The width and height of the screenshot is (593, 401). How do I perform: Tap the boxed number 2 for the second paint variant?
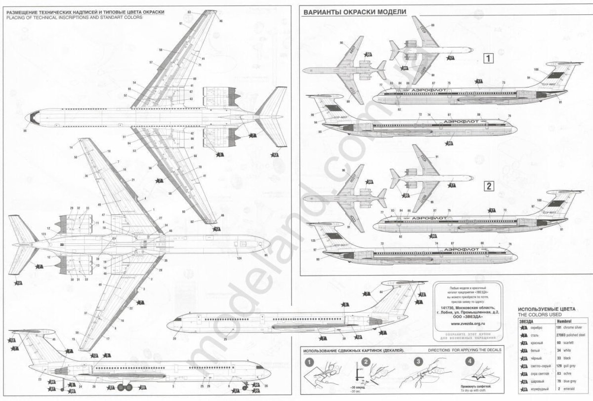point(488,186)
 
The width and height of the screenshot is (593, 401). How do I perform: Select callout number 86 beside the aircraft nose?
point(24,130)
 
